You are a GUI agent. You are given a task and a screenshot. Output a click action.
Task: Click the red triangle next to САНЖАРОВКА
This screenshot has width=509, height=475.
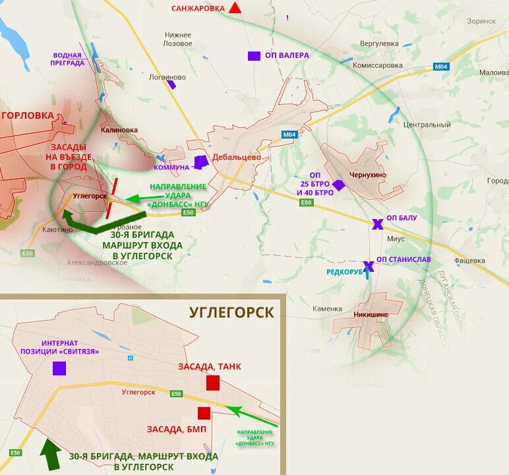click(x=235, y=9)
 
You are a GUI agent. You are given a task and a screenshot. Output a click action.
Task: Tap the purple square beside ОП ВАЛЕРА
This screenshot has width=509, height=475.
click(x=254, y=56)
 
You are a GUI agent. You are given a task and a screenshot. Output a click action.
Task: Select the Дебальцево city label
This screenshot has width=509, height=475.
click(x=237, y=158)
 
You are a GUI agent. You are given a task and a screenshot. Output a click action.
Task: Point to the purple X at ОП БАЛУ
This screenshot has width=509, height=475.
click(x=376, y=224)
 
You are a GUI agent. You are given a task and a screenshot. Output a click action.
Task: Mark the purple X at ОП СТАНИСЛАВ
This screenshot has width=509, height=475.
click(x=369, y=266)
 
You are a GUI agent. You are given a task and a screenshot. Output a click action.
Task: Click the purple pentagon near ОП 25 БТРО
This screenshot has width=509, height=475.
click(x=339, y=185)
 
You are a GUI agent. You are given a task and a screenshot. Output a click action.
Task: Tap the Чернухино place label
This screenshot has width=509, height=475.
click(x=369, y=174)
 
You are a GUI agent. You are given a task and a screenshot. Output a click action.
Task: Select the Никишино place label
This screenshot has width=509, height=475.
click(x=371, y=315)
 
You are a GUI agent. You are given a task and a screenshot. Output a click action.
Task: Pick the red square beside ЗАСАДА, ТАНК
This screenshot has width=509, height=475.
click(x=212, y=383)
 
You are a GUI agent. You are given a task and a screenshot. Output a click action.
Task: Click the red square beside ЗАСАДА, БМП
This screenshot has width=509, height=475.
click(x=204, y=413)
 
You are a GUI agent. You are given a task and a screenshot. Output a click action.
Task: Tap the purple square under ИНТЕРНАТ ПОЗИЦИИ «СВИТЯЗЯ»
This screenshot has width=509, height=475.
click(x=59, y=368)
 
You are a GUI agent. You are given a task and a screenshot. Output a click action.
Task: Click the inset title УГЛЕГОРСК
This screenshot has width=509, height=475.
click(x=231, y=312)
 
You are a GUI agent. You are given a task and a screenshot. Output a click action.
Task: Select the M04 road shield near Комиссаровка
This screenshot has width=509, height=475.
click(x=440, y=67)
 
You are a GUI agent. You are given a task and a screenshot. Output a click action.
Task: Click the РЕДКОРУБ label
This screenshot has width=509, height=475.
click(x=344, y=272)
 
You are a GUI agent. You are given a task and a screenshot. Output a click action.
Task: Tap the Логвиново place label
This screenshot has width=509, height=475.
click(x=167, y=77)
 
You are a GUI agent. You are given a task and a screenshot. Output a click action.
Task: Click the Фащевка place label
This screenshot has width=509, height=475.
click(x=469, y=261)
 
